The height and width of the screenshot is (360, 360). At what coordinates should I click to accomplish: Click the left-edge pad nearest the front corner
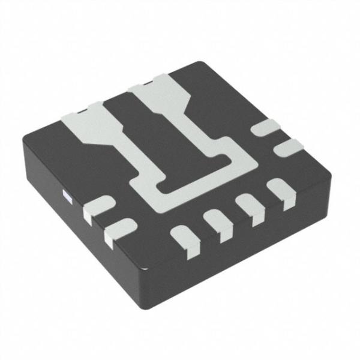click(119, 230)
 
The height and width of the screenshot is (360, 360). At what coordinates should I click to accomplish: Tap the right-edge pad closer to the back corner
click(265, 127)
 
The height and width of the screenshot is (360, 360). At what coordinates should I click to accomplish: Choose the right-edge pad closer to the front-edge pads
click(287, 145)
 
